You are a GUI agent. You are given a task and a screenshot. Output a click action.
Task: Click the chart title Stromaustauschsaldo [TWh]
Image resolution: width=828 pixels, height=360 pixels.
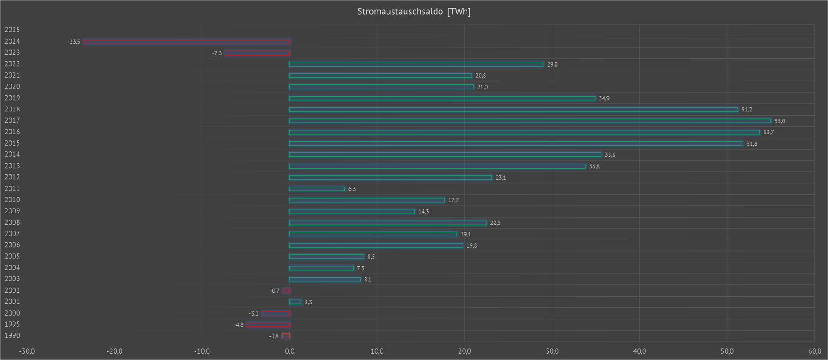[414, 12]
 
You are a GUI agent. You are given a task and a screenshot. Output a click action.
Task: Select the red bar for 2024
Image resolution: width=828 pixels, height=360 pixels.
[187, 42]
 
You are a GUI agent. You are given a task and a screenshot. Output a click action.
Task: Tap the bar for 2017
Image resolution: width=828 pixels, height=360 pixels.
[530, 121]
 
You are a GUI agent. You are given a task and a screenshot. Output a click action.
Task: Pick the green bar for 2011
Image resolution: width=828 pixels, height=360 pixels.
[317, 189]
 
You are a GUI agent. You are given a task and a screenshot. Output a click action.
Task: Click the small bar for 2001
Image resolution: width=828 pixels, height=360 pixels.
[295, 302]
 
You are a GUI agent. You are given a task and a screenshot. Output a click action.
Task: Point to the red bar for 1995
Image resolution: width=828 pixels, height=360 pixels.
[268, 324]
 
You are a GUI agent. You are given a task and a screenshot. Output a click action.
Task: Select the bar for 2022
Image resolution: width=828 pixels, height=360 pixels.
[416, 64]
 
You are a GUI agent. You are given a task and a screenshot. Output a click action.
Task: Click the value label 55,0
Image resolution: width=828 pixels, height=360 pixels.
[779, 121]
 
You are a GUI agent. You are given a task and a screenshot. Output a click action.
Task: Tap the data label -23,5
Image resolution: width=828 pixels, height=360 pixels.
[74, 42]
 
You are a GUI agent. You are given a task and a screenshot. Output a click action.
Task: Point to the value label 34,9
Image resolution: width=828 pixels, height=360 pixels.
[604, 98]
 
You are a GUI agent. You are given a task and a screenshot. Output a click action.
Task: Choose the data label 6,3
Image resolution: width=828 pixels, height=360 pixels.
[352, 189]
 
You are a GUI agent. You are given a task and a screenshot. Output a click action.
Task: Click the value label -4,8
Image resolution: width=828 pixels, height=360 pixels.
[238, 325]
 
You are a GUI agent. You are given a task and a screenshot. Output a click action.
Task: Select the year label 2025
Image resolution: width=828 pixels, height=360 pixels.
[12, 30]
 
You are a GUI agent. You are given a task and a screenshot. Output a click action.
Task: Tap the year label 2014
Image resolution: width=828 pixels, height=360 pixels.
[12, 155]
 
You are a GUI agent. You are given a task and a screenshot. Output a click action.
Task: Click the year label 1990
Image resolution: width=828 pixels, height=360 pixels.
[12, 336]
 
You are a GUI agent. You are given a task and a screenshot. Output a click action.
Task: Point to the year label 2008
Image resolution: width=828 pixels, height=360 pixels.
[12, 222]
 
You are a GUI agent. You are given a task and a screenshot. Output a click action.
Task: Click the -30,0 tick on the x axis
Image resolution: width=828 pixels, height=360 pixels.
[27, 351]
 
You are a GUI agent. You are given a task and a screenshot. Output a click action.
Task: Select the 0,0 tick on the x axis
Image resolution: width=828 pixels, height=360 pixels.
[289, 351]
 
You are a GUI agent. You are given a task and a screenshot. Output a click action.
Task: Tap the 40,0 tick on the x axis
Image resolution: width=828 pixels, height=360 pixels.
[639, 351]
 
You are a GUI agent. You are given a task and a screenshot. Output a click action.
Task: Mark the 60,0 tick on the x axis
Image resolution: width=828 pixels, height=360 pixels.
[814, 351]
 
